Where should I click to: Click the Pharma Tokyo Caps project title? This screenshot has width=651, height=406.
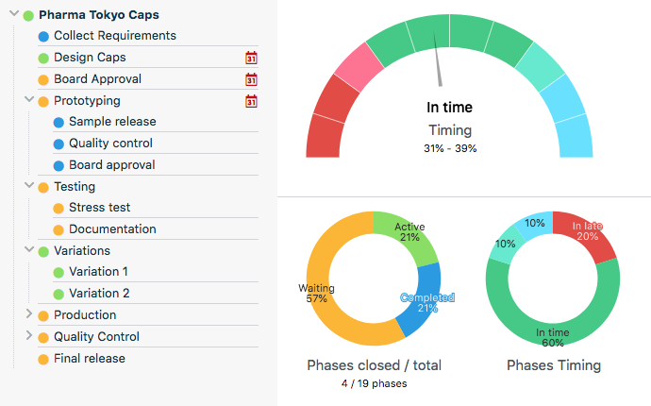pos(98,15)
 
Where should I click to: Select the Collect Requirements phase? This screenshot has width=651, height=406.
pos(114,36)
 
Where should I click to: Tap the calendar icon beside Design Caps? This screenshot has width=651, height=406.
pos(251,59)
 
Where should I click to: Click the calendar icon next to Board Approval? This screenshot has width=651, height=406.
pos(251,79)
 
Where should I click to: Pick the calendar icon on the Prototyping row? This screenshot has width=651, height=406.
pos(251,101)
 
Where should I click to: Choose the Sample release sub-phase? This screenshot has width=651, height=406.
pos(112,122)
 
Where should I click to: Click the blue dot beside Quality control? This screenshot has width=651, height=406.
pos(58,144)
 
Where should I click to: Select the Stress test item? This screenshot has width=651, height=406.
pos(99,208)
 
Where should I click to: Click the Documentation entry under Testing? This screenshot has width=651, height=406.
pos(112,229)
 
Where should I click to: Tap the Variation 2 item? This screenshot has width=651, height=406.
pos(99,294)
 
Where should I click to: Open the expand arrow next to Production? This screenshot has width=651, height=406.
pos(28,313)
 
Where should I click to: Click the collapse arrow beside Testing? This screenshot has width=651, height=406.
pos(28,186)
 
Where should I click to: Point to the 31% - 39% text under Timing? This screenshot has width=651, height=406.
pos(450,148)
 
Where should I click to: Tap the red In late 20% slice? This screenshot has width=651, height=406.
pos(589,235)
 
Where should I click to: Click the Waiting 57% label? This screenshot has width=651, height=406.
pos(317,293)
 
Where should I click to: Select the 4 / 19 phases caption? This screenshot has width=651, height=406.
pos(375,383)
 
